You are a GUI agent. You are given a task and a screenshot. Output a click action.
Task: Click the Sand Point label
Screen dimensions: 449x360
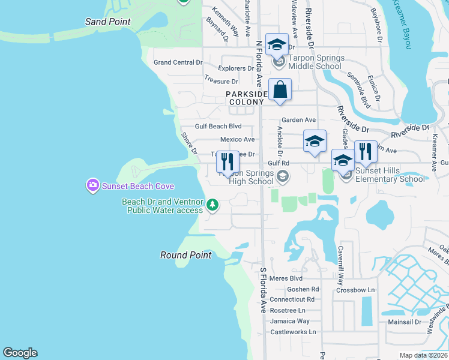point(108,22)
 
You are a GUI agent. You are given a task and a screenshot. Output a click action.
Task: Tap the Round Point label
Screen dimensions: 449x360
point(185,255)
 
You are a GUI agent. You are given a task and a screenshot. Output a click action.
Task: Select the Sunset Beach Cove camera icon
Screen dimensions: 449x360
point(92,185)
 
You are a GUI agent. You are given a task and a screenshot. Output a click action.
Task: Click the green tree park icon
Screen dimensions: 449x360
point(212,206)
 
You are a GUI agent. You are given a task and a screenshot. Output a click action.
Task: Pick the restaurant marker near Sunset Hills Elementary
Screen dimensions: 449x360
point(365,151)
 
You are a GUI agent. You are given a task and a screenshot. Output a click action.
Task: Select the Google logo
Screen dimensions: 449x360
point(20,353)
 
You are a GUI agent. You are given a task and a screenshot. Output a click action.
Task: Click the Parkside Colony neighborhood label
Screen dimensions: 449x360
point(246,98)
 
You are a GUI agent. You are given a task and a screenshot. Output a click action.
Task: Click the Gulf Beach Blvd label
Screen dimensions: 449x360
point(218,127)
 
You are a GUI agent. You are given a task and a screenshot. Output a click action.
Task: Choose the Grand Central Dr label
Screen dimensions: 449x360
point(178,62)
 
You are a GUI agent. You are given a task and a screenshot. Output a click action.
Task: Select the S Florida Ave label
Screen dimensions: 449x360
point(263,290)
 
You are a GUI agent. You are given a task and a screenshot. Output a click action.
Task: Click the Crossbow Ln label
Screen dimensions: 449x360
point(355,290)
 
